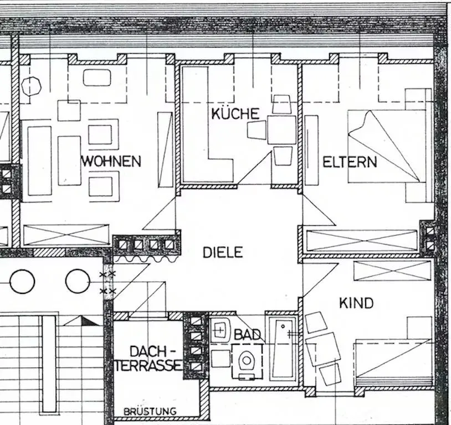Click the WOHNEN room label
[x=111, y=162]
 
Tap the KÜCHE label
[x=235, y=114]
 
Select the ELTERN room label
[x=350, y=162]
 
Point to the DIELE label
[x=223, y=252]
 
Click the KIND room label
[x=356, y=303]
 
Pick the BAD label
[x=247, y=334]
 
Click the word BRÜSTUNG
[x=150, y=411]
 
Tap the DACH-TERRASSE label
[x=148, y=358]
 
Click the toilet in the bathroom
[x=245, y=361]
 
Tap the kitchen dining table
[x=282, y=130]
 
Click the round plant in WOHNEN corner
[x=32, y=86]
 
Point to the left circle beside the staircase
[x=22, y=281]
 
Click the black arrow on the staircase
[x=88, y=320]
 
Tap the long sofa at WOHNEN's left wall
[x=39, y=160]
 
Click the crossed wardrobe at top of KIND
[x=392, y=271]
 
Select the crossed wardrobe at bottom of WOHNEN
[x=66, y=235]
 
